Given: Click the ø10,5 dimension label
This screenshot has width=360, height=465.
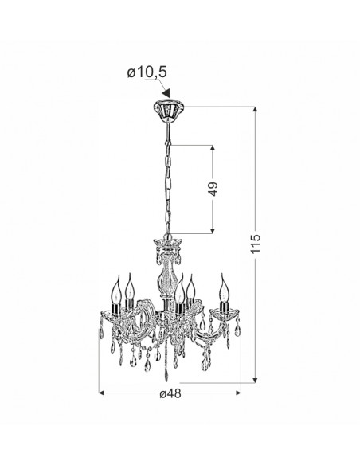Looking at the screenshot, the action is [147, 72].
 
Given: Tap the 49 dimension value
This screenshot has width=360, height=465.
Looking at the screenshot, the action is [213, 189].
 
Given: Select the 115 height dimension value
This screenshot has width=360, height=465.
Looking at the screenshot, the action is [255, 244].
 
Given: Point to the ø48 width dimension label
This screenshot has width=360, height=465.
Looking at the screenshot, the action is [170, 393].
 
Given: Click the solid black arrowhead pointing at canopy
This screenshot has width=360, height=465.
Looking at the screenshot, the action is [167, 93].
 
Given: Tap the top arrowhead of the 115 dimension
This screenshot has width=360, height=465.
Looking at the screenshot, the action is [255, 109].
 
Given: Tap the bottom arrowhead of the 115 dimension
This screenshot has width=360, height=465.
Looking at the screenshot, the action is [255, 380].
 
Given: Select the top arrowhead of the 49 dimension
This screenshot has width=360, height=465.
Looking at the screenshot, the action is [213, 148].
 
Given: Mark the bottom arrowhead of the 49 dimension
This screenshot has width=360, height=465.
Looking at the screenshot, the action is [213, 230].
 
